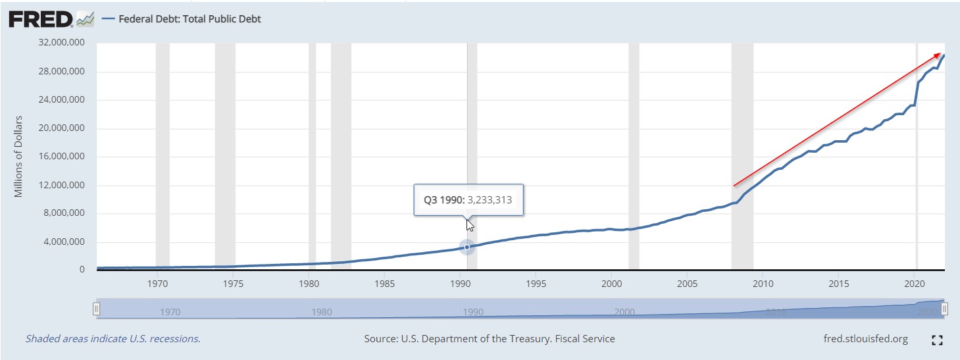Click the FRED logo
coord(41,20)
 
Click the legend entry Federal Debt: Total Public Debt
coord(189,19)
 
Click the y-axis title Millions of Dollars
coord(19,156)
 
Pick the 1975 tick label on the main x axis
coord(234,284)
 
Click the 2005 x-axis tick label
coord(687,284)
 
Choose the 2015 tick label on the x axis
coord(838,284)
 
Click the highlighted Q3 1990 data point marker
coord(467,247)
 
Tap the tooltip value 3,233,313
coord(490,199)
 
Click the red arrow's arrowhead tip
coord(940,53)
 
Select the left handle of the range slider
coord(97,309)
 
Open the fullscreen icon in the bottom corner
coord(938,340)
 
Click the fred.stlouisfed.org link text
coord(865,339)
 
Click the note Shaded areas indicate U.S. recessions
coord(113,339)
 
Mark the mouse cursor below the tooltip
coord(470,225)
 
